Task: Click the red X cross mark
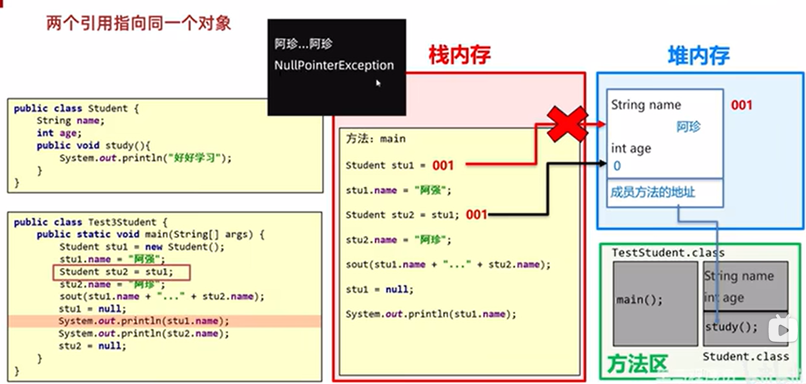567,124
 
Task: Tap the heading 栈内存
460,55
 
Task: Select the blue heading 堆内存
698,56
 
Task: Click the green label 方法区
637,364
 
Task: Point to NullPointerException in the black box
334,65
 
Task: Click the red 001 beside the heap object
741,105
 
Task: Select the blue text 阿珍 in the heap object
688,127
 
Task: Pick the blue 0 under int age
617,166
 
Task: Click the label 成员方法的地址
653,192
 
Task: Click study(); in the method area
731,327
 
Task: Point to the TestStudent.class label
668,253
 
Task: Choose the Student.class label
746,356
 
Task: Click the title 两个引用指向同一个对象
139,23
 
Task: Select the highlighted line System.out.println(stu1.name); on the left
143,321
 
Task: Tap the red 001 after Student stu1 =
443,165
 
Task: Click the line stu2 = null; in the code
93,346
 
